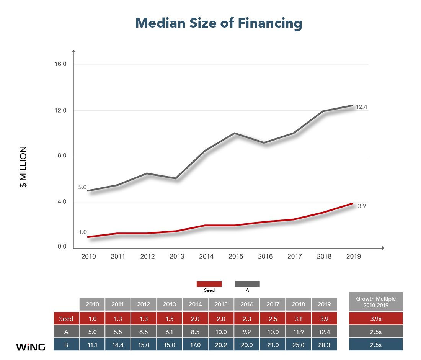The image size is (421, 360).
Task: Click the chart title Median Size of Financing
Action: coord(219,23)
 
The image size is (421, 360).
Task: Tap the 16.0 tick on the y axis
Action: coord(60,64)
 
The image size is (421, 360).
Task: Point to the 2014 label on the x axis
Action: coord(206,256)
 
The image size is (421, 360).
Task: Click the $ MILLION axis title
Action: coord(23,167)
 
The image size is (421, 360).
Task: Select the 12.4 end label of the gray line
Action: coord(361,106)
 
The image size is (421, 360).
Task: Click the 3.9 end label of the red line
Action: coord(362,206)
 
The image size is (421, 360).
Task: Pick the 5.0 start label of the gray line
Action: coord(82,187)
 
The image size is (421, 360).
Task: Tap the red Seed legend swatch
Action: coord(209,284)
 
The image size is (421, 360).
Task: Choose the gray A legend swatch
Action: coord(247,284)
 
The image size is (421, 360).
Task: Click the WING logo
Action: coord(31,347)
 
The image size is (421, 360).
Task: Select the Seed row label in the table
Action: coord(66,319)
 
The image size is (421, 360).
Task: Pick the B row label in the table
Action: coord(66,345)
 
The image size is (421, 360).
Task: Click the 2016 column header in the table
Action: coord(247,304)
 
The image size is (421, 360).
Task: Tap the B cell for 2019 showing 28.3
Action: coord(324,345)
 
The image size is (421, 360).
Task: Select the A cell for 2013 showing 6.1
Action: coord(170,332)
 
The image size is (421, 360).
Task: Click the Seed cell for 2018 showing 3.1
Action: coord(298,319)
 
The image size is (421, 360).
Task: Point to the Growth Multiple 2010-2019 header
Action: coord(376,302)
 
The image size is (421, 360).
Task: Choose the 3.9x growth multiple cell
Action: coord(376,319)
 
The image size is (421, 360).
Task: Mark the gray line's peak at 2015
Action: coord(235,133)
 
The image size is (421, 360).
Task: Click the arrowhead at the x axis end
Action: coord(383,248)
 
